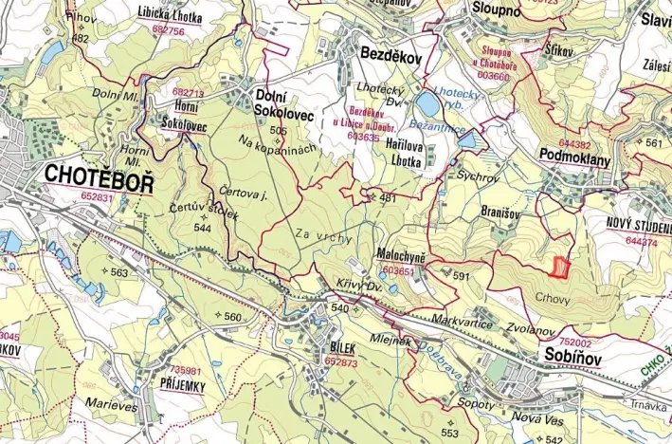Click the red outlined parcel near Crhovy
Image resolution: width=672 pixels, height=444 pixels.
tap(561, 268)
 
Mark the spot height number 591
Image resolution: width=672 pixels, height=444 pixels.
tap(461, 276)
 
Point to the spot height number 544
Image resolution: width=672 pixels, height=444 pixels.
tap(202, 228)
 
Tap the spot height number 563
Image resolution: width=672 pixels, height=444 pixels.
tap(118, 272)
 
